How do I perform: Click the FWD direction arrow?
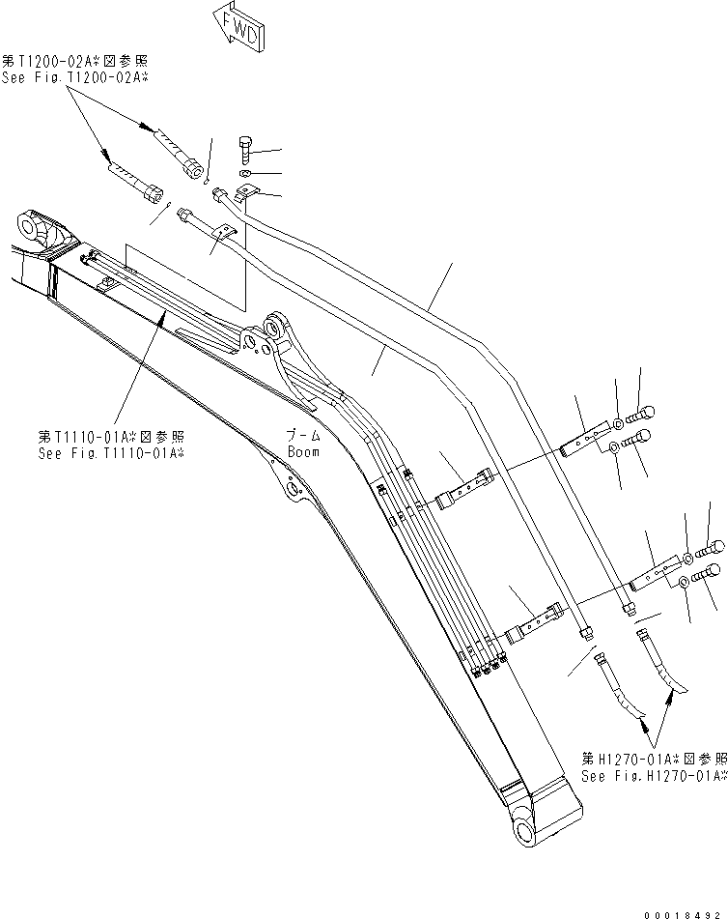coord(236,27)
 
